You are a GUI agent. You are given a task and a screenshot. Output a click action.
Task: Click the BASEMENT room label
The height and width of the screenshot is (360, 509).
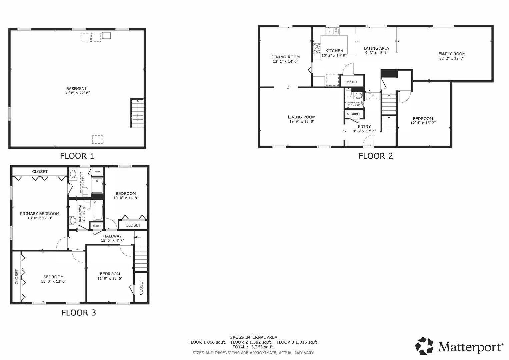[x=76, y=89]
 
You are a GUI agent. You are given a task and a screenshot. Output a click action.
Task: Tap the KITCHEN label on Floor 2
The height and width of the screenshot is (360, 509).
[x=334, y=51]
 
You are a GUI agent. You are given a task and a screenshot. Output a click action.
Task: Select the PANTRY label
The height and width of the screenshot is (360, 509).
[x=351, y=82]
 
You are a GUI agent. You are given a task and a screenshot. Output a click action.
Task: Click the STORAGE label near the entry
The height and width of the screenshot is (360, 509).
[x=354, y=114]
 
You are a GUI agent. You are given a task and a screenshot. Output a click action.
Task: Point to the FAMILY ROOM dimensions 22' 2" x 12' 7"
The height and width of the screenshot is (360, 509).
[x=452, y=58]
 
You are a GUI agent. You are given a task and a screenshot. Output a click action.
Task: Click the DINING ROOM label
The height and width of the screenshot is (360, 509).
[x=285, y=57]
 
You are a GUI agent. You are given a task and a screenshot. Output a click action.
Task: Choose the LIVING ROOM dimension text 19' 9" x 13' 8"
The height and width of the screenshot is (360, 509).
[x=301, y=122]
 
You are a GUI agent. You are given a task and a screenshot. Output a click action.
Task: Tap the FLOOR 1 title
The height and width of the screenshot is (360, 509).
[x=77, y=156]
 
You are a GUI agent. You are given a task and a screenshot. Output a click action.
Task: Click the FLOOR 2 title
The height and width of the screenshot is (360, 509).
[x=376, y=156]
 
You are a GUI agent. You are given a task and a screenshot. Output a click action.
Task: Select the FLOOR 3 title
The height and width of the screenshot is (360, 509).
[x=79, y=313]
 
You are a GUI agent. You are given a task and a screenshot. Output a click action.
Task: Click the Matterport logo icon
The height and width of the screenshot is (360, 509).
[x=424, y=346]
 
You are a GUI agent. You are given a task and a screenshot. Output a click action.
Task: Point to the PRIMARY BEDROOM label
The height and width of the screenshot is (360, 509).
[x=40, y=214]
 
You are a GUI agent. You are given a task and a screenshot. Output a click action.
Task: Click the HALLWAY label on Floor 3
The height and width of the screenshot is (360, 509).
[x=112, y=236]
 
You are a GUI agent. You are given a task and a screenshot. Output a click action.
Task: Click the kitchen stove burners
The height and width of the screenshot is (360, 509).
[x=316, y=49]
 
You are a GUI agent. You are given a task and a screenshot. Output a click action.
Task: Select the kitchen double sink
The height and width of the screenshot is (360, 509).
[x=332, y=31]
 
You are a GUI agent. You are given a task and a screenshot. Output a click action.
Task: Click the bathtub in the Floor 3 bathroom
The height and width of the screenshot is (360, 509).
[x=98, y=210]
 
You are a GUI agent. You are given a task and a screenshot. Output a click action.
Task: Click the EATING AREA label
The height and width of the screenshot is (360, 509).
[x=376, y=48]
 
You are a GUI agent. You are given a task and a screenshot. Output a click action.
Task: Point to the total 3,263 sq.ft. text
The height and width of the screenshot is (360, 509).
[x=253, y=347]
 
